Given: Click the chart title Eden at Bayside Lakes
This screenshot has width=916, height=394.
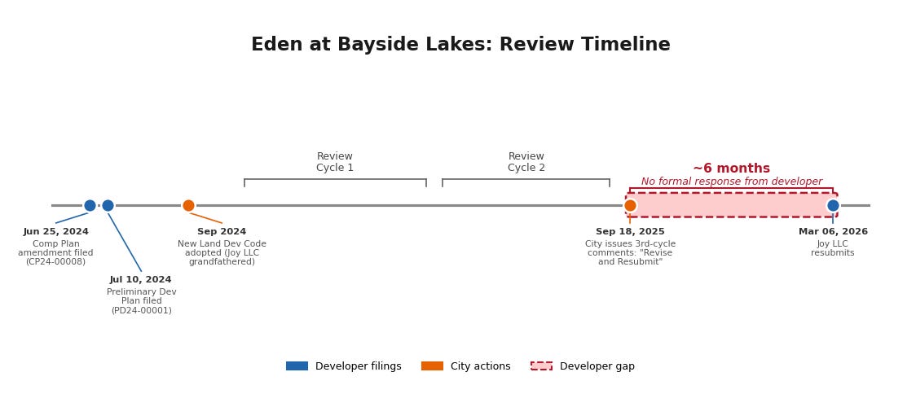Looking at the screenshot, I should tap(460, 45).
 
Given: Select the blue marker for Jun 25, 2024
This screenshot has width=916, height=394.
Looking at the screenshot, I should tap(90, 205).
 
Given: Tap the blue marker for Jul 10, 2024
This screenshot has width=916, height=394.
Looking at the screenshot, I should tap(108, 205).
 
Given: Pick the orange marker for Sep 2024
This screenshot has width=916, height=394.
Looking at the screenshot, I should tap(188, 205).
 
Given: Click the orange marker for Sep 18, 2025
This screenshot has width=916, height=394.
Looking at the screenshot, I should tap(630, 205).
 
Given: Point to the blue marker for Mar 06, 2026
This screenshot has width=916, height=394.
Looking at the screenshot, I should tap(833, 205).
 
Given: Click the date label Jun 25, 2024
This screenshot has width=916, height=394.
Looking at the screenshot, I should tap(55, 232).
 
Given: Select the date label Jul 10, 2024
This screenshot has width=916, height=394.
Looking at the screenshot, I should tap(140, 280).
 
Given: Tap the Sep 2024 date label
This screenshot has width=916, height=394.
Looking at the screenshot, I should tap(222, 232).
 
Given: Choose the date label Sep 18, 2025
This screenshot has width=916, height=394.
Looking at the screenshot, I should tap(630, 232).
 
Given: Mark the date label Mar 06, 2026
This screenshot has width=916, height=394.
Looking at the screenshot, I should tap(833, 232).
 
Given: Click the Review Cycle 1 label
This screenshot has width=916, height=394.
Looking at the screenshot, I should tap(335, 162).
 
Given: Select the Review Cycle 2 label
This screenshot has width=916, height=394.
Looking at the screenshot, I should tap(526, 162).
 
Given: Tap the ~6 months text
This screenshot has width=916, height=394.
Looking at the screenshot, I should tap(731, 169).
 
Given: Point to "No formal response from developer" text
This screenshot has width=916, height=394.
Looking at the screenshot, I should tap(731, 182).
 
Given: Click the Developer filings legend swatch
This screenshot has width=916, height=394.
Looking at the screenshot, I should tap(297, 366).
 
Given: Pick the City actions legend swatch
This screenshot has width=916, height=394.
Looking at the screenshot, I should tap(432, 366).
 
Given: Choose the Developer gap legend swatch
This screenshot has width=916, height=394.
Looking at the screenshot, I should tap(541, 366).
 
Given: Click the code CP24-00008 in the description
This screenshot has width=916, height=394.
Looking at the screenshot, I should tap(55, 262).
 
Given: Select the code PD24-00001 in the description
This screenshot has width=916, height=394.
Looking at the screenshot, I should tap(141, 310).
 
